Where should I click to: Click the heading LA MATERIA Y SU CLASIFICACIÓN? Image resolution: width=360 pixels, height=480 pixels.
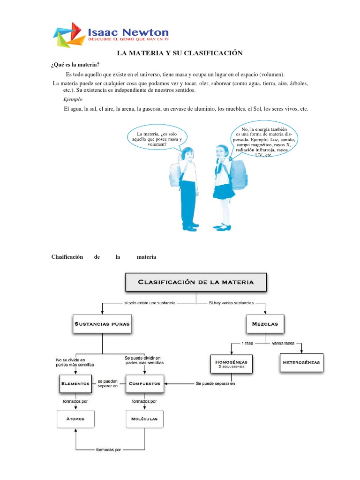(x=180, y=53)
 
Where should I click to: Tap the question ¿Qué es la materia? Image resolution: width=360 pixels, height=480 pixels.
(x=75, y=65)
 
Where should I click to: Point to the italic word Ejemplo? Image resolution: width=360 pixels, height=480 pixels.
(x=73, y=99)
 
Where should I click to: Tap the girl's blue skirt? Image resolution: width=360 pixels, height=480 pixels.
(x=224, y=191)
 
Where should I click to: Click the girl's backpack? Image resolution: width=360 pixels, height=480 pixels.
(x=238, y=174)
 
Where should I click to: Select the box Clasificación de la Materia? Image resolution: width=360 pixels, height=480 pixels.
(x=195, y=282)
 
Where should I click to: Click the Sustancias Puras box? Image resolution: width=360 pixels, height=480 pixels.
(x=101, y=323)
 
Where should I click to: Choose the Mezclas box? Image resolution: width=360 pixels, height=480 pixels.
(x=265, y=323)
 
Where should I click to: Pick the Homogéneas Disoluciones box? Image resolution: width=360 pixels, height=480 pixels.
(x=231, y=364)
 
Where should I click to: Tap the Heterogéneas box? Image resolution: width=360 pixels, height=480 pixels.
(x=301, y=362)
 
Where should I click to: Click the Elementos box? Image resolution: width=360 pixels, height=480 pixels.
(x=75, y=383)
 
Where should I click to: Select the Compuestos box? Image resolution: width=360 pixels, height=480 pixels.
(x=144, y=383)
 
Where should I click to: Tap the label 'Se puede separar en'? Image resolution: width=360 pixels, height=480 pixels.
(x=215, y=383)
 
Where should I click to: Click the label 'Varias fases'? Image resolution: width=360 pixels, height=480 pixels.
(x=283, y=343)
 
